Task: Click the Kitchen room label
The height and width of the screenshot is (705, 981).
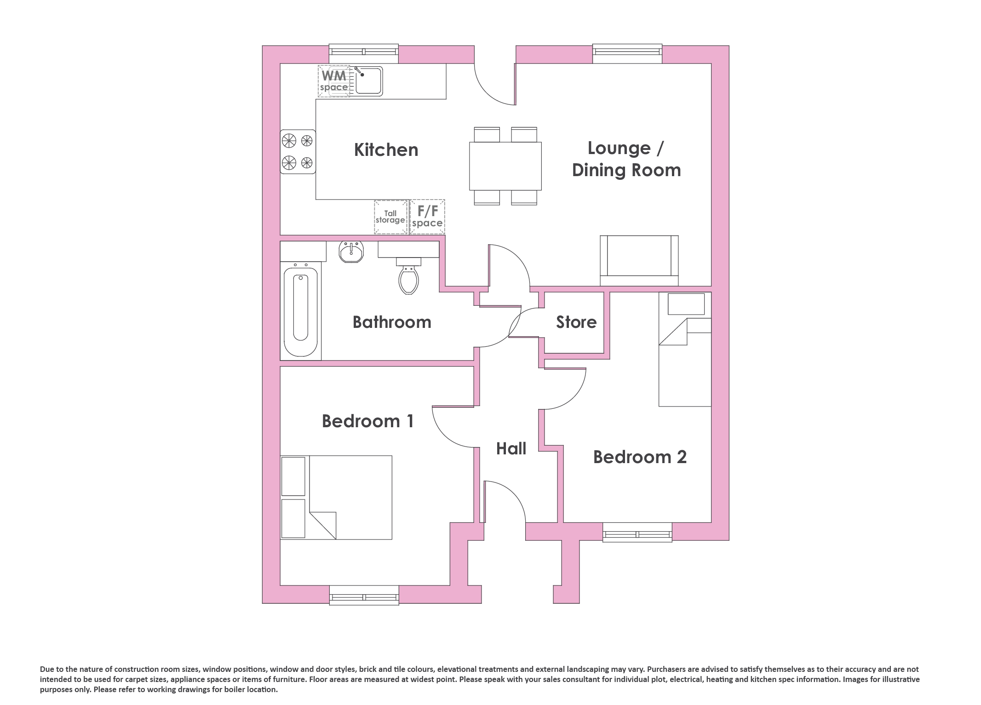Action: tap(386, 150)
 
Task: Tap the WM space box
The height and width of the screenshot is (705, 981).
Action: tap(334, 81)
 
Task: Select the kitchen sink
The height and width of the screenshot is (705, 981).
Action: tap(368, 81)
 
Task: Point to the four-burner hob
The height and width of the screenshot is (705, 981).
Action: tap(298, 151)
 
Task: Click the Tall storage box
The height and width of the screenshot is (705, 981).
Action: tap(391, 217)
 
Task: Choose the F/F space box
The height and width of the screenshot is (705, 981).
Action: tap(427, 217)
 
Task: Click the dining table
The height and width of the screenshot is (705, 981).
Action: tap(505, 166)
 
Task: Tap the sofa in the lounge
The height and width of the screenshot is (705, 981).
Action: tap(639, 261)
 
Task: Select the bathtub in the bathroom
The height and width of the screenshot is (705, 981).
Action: tap(301, 310)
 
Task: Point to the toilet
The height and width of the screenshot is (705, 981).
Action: tap(409, 275)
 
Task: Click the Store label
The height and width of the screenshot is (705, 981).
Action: tap(576, 322)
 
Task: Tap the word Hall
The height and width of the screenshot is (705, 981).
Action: tap(511, 448)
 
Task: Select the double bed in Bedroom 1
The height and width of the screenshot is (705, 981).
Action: tap(336, 497)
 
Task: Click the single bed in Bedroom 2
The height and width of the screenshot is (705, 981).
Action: tap(685, 350)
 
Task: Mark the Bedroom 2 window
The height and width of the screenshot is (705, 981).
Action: tap(637, 533)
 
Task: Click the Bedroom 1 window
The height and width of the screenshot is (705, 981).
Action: tap(364, 595)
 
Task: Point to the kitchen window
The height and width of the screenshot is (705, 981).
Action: tap(364, 54)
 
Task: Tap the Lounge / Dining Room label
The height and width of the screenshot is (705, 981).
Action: tap(626, 159)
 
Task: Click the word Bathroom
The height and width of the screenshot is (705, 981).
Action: tap(392, 322)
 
